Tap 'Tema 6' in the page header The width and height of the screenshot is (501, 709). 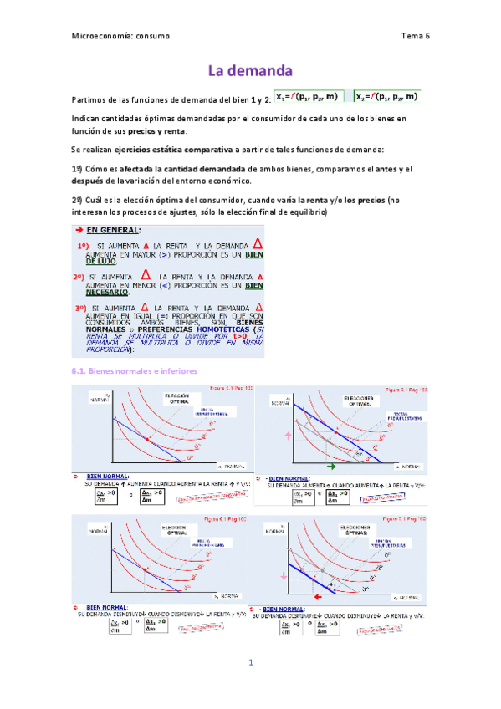415,36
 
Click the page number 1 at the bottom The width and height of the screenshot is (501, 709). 249,662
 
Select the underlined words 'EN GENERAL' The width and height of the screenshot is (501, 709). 114,228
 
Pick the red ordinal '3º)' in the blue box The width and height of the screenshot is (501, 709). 83,309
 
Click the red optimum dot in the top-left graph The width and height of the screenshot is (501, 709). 148,438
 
